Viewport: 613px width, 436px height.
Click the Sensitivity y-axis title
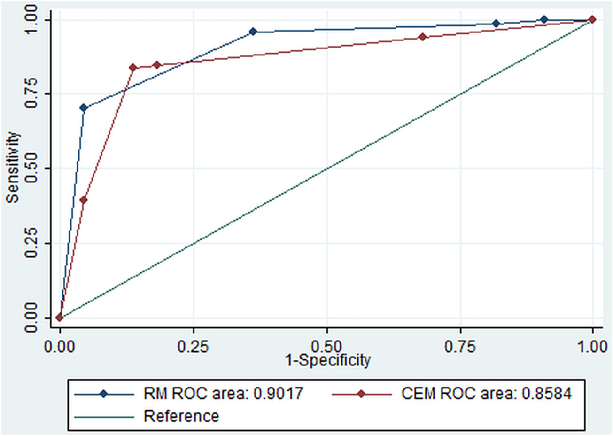tap(13, 167)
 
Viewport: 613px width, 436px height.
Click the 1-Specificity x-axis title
tap(327, 360)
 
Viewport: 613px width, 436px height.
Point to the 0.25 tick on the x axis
tap(193, 347)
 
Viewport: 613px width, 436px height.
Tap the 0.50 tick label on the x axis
tap(326, 347)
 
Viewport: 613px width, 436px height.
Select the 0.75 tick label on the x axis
tap(460, 347)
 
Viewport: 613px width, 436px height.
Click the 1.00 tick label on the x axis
tap(592, 347)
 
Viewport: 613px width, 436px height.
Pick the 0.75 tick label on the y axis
tap(31, 93)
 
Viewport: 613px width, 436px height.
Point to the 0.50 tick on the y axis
tap(31, 168)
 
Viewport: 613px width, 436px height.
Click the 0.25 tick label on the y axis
tap(31, 243)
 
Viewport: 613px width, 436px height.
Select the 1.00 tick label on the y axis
tap(31, 19)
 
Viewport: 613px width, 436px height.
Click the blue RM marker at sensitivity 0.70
tap(84, 108)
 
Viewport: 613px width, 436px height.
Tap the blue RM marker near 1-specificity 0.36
tap(253, 32)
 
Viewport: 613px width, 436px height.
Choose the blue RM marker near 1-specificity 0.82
tap(496, 24)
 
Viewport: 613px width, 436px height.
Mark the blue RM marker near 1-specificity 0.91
tap(544, 19)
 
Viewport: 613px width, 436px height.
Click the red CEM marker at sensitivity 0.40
tap(84, 200)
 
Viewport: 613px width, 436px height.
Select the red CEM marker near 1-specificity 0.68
tap(423, 37)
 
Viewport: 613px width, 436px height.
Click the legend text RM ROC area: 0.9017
tap(223, 394)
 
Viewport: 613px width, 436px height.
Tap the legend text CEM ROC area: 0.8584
tap(486, 394)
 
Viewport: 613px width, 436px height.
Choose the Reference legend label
tap(181, 416)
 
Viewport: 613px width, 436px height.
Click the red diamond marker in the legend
tap(361, 394)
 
